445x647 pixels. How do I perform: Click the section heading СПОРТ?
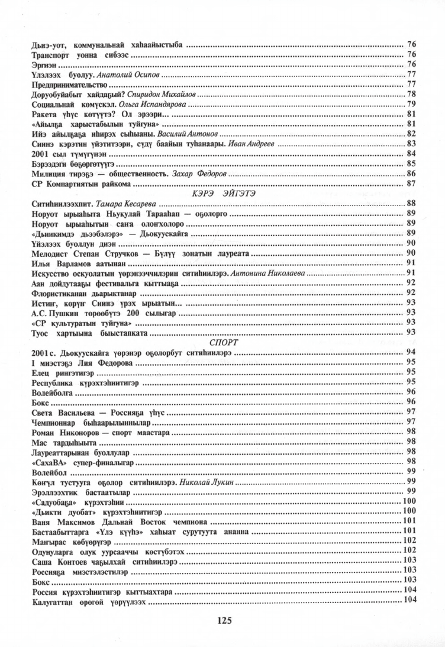click(x=224, y=342)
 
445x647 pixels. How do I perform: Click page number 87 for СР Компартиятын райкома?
click(x=412, y=184)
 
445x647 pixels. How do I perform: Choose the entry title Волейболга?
click(x=51, y=392)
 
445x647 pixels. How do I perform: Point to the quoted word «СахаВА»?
click(x=47, y=462)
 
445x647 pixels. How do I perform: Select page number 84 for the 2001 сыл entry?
click(x=412, y=153)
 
